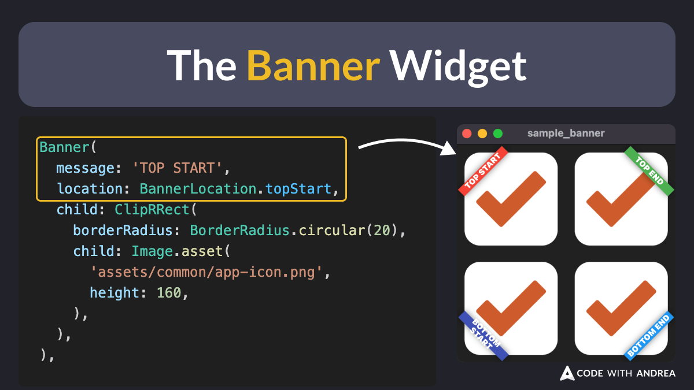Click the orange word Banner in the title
click(x=313, y=65)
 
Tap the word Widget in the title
click(x=457, y=65)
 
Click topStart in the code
click(x=298, y=189)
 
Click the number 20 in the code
click(x=382, y=231)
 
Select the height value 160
click(x=169, y=293)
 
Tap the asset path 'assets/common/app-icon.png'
click(x=206, y=272)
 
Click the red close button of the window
click(x=467, y=133)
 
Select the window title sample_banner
click(x=566, y=133)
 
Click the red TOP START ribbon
click(x=483, y=171)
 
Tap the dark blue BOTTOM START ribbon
click(x=483, y=336)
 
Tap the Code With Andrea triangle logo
click(x=567, y=373)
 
